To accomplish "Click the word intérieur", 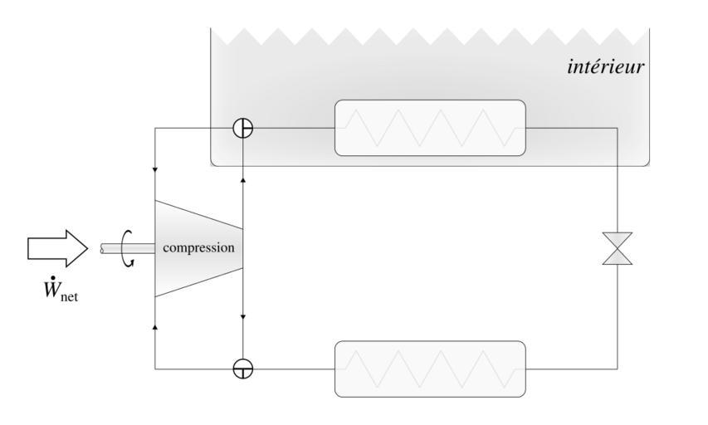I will coord(605,67).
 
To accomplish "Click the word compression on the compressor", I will coord(198,247).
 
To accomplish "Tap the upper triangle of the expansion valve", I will coord(618,240).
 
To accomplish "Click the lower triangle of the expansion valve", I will coord(618,256).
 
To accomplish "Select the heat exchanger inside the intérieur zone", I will coord(430,128).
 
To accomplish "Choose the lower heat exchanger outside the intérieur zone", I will coord(430,369).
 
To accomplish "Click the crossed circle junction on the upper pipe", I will coord(242,128).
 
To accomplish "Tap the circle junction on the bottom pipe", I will coord(242,369).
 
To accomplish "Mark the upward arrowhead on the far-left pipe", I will coord(155,327).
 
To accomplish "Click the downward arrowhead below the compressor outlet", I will coord(242,318).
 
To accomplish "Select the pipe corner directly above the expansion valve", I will coord(618,128).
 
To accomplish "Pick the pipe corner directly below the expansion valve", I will coord(618,369).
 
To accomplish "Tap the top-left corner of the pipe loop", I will coord(155,128).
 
